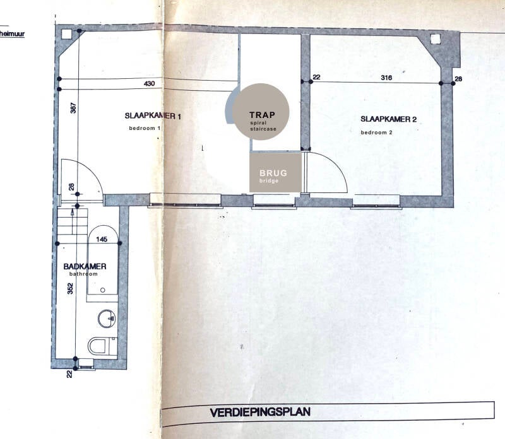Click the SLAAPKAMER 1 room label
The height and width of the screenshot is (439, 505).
coord(153,116)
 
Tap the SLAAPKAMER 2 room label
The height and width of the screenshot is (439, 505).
coord(389,119)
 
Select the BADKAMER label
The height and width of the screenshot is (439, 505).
coord(85,266)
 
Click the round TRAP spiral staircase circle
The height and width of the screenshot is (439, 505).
coord(260,112)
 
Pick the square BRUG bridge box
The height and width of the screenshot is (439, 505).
coord(273,172)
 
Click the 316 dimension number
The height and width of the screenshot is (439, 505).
coord(387,78)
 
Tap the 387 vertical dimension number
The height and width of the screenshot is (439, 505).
coord(73,108)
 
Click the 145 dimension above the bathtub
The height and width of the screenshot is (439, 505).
coord(102,240)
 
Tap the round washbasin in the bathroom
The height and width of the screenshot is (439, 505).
coord(108,319)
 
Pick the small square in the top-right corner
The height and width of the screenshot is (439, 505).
coord(436,38)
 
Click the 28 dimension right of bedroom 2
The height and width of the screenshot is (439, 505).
coord(458,78)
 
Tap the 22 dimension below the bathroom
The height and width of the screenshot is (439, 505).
coord(70,375)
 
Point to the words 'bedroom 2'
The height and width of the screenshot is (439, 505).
coord(377,132)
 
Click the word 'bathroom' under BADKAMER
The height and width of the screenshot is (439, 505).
coord(84,274)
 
